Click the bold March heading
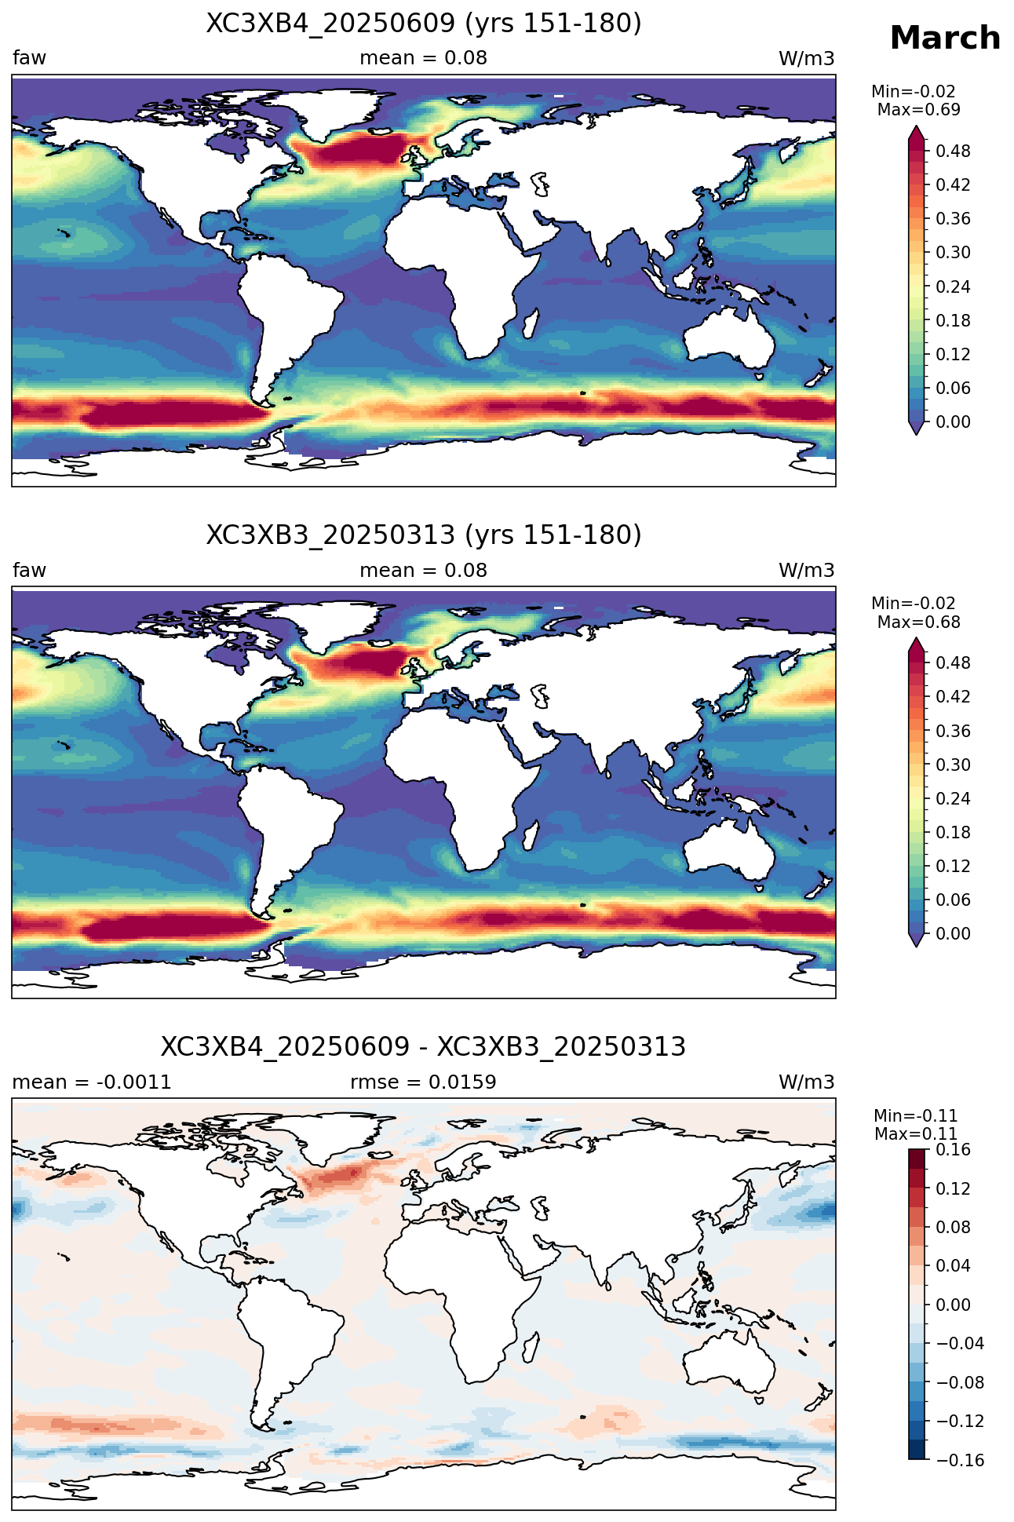coord(945,38)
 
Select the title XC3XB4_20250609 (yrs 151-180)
coord(424,24)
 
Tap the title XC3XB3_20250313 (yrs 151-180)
coord(424,535)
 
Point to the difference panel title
coord(424,1047)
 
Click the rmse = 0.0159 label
coord(424,1082)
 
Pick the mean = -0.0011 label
coord(92,1082)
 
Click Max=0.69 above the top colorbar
coord(919,110)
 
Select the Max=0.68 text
coord(919,622)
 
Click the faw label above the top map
coord(29,57)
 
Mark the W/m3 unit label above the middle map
coord(806,571)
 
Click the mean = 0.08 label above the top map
coord(424,58)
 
